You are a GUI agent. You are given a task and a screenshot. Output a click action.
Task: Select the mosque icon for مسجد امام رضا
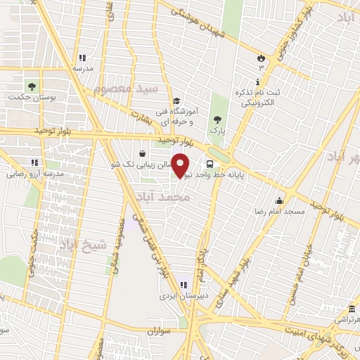coord(280,200)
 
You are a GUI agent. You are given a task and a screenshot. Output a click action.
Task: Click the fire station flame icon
coord(261,56)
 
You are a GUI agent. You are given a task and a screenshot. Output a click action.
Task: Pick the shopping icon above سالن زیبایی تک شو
coord(143,152)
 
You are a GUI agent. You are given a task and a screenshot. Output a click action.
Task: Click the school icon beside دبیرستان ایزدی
coord(182,285)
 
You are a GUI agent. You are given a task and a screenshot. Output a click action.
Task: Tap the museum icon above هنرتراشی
coord(352,309)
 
